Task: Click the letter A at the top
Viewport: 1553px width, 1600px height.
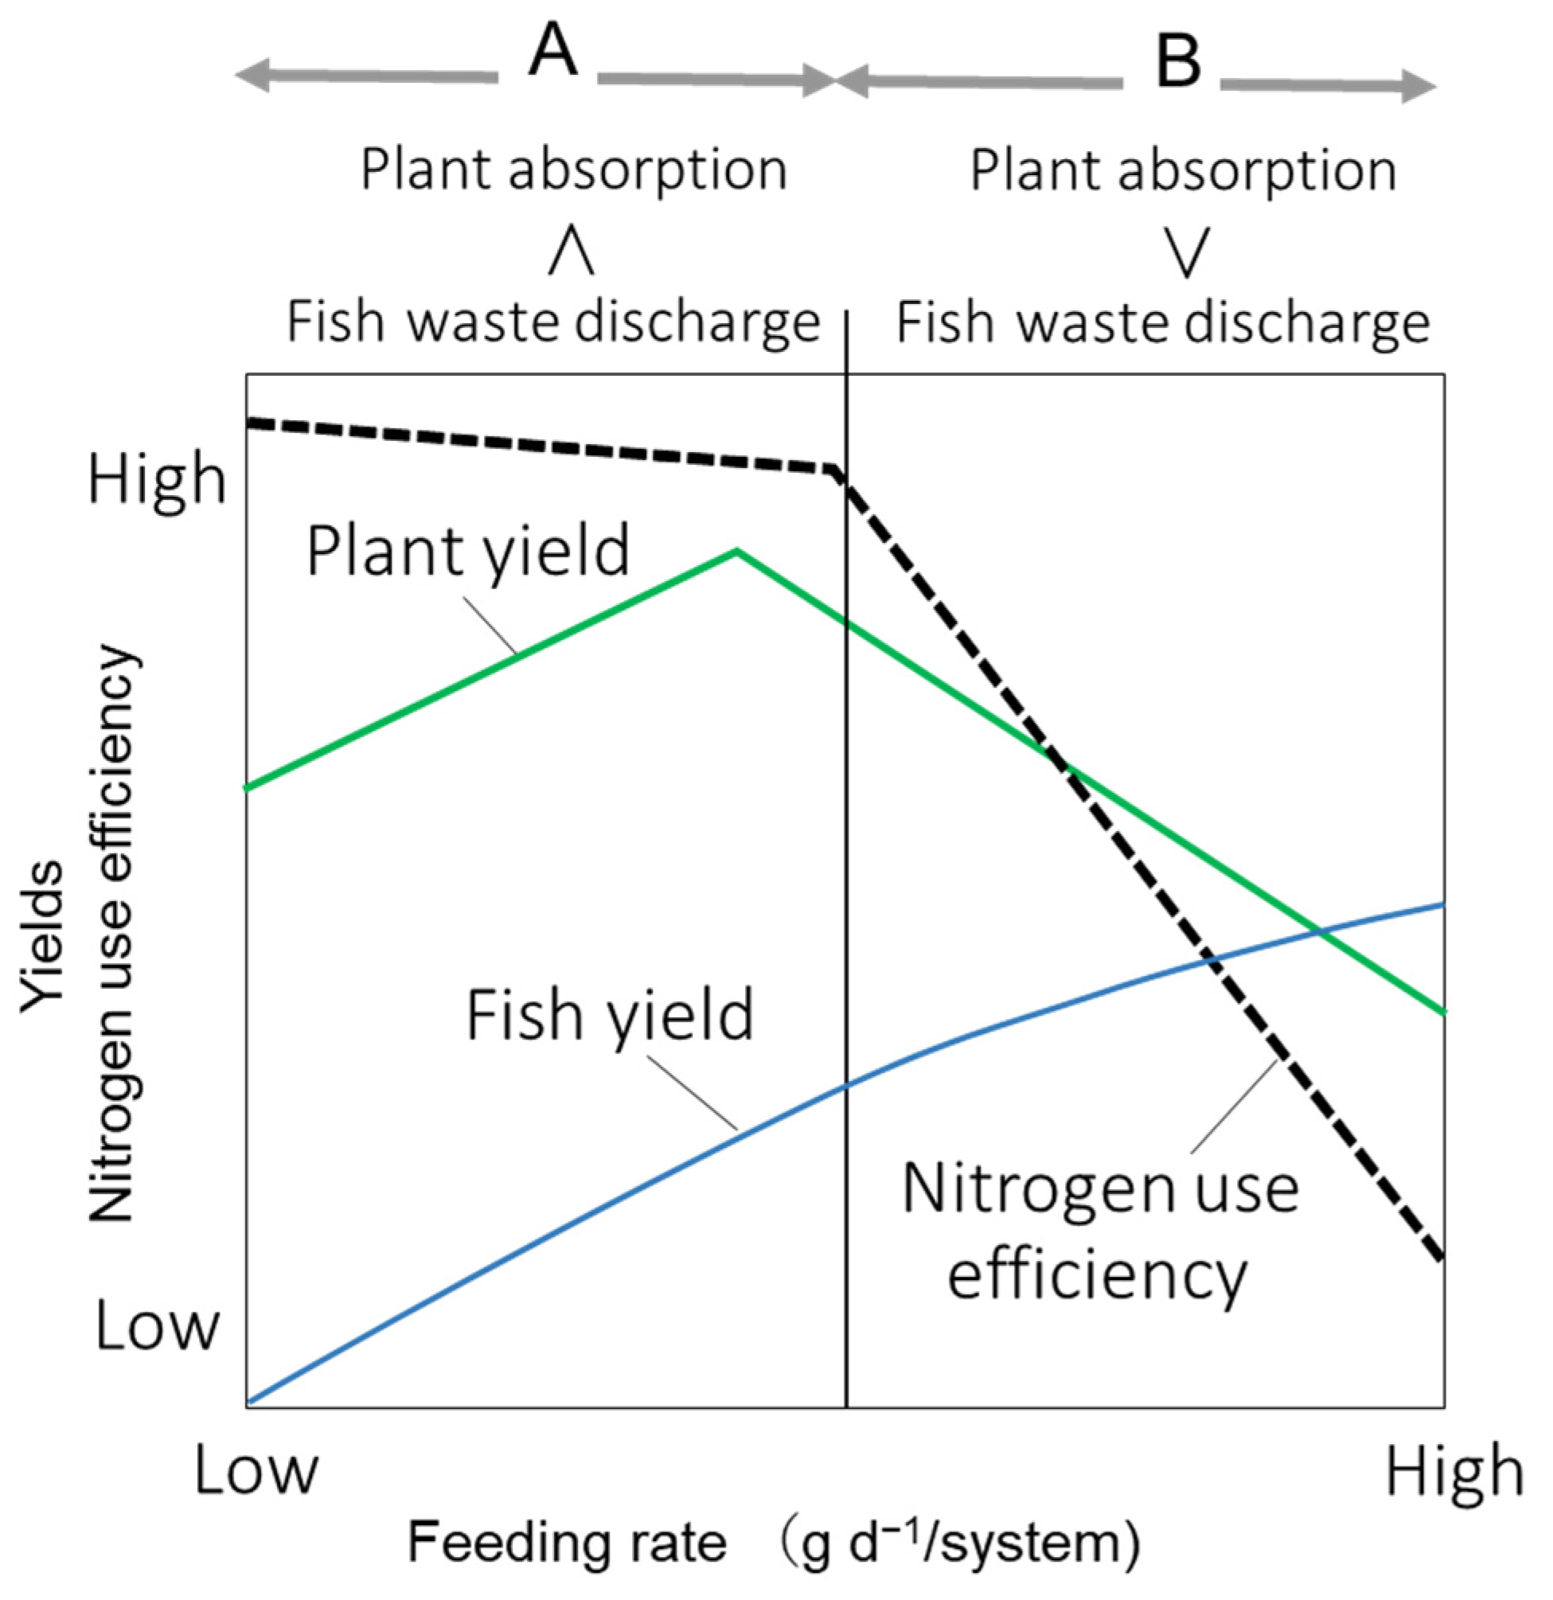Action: click(552, 52)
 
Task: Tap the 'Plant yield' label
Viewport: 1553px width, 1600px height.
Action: click(468, 551)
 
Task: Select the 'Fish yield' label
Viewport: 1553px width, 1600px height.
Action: click(609, 1015)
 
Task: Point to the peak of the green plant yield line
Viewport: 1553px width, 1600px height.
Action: click(736, 552)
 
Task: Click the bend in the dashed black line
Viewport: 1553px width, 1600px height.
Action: click(834, 471)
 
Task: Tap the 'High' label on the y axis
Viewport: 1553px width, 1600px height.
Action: click(157, 479)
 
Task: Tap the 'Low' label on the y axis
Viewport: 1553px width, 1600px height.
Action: click(157, 1325)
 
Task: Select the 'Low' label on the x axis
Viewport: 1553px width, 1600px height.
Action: click(256, 1471)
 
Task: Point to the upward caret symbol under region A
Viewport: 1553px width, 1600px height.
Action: click(571, 254)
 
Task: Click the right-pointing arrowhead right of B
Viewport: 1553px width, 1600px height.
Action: click(1419, 86)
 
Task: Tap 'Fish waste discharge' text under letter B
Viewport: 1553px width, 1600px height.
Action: click(1163, 322)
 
